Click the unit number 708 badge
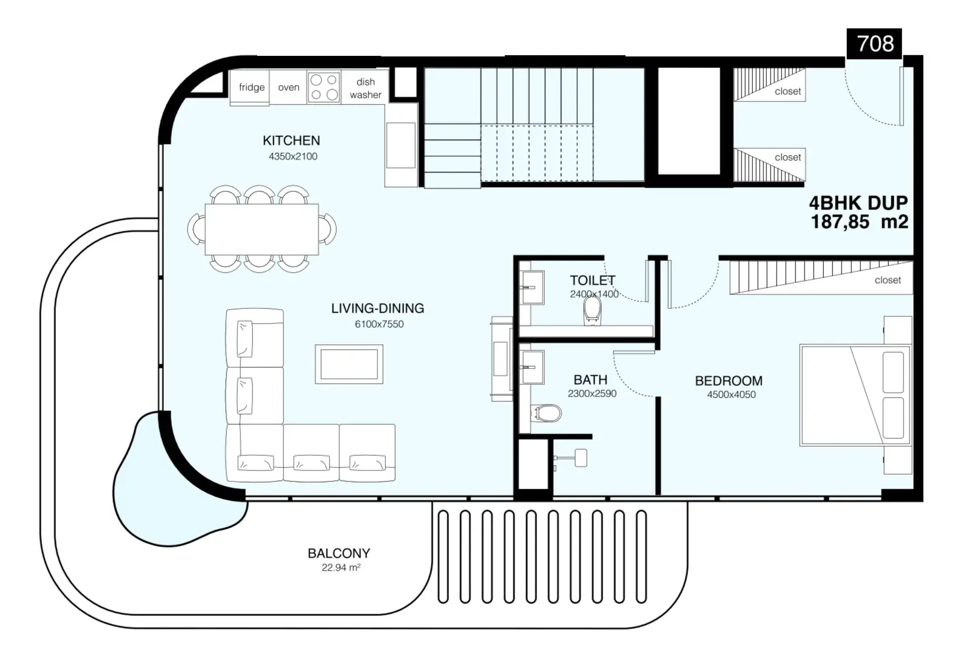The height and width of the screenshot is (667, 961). coord(874,44)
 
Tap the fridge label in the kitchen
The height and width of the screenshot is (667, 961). coord(252,87)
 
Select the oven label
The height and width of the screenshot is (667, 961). coord(289,87)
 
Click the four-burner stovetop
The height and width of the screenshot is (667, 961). coord(324,87)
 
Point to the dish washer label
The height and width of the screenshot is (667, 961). coord(365,89)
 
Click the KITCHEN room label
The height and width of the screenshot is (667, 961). coord(291,141)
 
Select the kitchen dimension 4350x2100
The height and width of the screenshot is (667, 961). coord(293,157)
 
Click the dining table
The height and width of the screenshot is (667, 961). coord(261,229)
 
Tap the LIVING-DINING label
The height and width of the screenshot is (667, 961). coord(377,308)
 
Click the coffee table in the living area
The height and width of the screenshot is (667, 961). coord(349,364)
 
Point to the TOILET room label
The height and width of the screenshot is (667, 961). coord(593,281)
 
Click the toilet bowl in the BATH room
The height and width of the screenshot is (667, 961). coord(545,413)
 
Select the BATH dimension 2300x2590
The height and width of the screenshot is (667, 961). coord(592,394)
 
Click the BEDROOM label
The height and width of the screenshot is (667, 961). coord(729,381)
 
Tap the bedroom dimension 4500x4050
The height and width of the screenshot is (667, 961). coord(732,395)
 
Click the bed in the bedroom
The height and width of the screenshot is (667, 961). coord(855,395)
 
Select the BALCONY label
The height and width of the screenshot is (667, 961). coord(339,554)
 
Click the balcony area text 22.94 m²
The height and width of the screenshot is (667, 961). coord(341,567)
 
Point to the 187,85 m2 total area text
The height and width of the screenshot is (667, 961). coord(859,222)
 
